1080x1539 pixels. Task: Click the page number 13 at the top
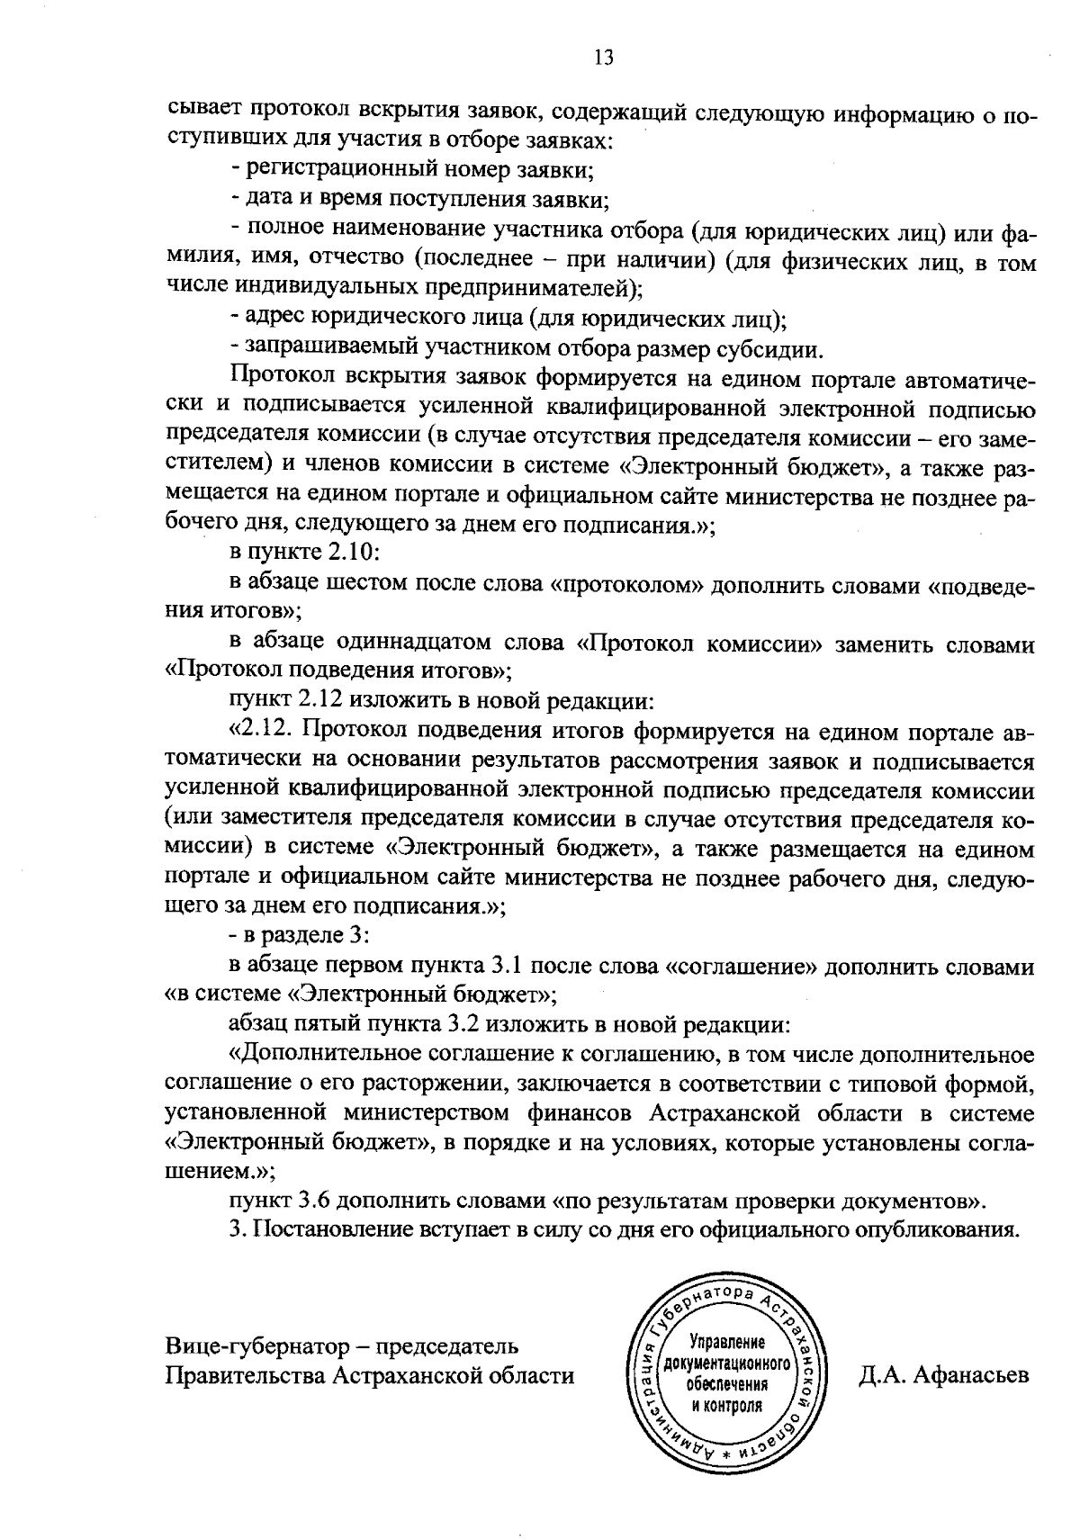click(x=603, y=58)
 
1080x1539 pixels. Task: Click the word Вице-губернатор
click(x=255, y=1346)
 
